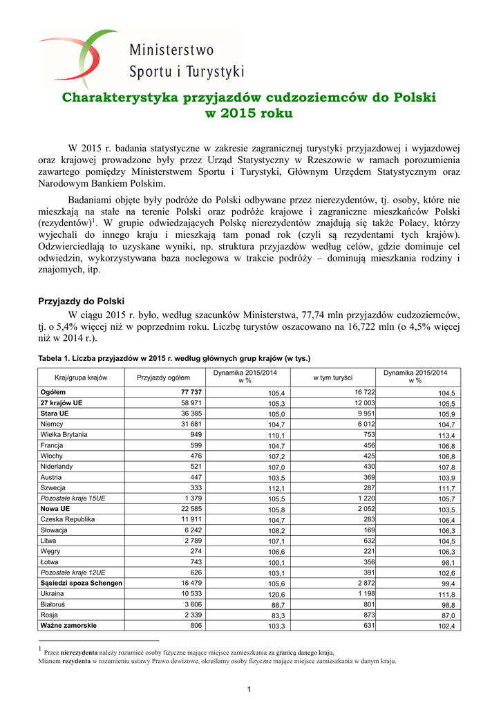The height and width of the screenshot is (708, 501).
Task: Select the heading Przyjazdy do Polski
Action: (x=80, y=301)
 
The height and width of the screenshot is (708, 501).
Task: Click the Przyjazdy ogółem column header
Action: (x=163, y=378)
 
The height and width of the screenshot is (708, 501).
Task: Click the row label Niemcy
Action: (x=52, y=424)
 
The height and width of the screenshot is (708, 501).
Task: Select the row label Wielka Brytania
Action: (x=64, y=434)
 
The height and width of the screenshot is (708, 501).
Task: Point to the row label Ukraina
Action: (x=53, y=594)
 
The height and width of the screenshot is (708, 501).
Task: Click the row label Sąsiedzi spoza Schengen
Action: (x=82, y=584)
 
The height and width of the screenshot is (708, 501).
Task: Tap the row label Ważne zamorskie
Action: (x=68, y=626)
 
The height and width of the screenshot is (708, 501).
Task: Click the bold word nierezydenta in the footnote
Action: (x=79, y=652)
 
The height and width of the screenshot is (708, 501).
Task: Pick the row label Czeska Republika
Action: (x=68, y=519)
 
